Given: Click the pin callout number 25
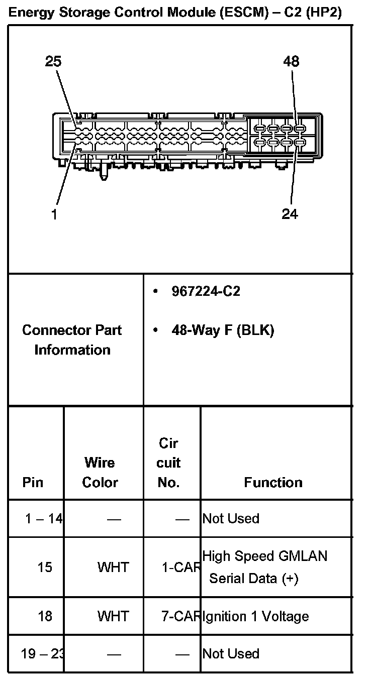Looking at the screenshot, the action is click(53, 61).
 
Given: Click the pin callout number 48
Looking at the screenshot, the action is click(291, 61).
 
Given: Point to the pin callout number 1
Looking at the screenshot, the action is click(54, 214).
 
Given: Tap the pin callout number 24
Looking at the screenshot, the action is click(290, 214).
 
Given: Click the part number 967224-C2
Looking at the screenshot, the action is click(206, 291).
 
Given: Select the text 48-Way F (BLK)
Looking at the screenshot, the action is click(223, 330).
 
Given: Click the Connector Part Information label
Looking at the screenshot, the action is click(72, 340).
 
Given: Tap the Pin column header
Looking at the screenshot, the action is click(33, 482).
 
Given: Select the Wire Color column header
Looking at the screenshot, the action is click(100, 472).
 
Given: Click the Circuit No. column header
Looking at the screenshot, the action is click(168, 463).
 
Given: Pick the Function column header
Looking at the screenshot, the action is click(273, 482).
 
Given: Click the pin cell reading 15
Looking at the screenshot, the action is click(45, 567).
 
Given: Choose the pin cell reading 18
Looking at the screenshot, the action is click(45, 616).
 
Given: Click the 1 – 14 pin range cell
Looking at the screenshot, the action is click(44, 518).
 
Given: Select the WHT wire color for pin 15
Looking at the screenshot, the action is click(113, 567).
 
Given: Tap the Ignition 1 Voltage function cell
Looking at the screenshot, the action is click(255, 616).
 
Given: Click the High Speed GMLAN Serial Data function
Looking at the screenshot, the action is click(264, 567).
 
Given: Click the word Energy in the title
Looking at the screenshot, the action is click(33, 13).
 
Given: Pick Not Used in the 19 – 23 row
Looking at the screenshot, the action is click(231, 653).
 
